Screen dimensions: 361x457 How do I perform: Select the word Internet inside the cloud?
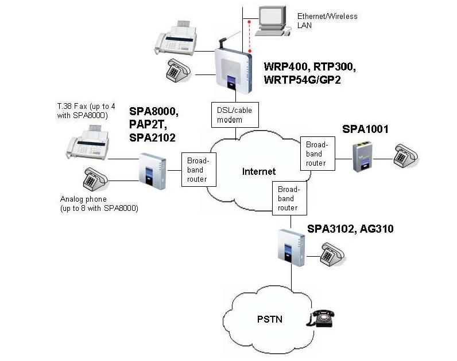(258, 171)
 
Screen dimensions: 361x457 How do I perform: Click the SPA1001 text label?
(366, 130)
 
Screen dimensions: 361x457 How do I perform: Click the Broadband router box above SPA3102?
(288, 198)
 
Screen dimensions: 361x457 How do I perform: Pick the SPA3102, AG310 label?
(350, 229)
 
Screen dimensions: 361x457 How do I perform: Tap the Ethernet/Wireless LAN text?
(327, 21)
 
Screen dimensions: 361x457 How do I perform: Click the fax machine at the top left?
(176, 37)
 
